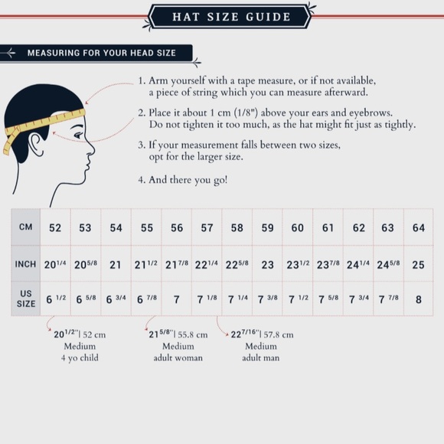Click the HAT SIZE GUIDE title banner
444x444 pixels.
click(230, 16)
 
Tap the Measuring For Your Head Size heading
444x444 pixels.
click(101, 53)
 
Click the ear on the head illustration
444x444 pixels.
click(37, 144)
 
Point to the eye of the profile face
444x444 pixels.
click(79, 135)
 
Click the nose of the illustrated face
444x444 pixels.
click(91, 148)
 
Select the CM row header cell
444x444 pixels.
click(26, 227)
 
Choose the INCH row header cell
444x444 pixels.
click(26, 264)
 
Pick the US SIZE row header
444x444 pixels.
click(26, 299)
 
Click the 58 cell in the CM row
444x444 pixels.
click(237, 227)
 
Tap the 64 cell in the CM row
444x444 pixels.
click(419, 227)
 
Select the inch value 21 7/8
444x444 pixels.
click(177, 264)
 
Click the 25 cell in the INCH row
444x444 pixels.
click(418, 265)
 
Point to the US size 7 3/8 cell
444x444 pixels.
click(268, 299)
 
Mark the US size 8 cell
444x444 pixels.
click(419, 299)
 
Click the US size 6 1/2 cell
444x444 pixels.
click(56, 299)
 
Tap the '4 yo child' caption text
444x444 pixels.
click(80, 358)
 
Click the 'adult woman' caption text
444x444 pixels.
click(178, 358)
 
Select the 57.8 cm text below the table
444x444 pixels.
click(279, 335)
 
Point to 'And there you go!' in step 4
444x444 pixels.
click(188, 180)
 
